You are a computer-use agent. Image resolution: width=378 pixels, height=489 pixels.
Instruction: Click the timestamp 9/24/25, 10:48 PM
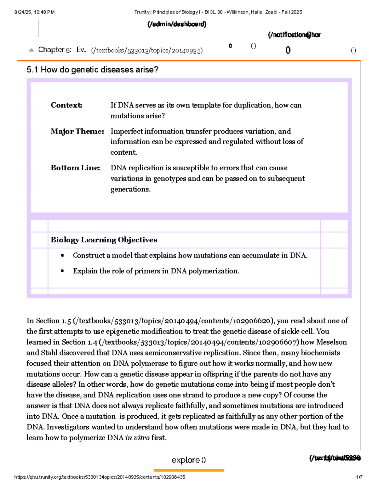coord(34,12)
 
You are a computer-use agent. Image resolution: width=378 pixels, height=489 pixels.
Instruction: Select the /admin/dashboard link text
coord(177,24)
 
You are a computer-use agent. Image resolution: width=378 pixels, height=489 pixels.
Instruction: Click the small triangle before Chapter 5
coord(31,50)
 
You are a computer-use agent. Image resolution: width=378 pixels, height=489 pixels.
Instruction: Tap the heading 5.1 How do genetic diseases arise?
coord(92,70)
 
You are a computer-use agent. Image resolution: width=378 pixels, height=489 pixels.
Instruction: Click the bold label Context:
coord(66,105)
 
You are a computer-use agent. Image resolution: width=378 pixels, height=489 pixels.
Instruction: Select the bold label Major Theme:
coord(77,131)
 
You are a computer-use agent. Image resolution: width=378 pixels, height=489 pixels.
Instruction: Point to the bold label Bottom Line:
coord(75,168)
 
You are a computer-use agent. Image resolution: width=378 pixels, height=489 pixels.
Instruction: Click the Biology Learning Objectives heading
coord(104,240)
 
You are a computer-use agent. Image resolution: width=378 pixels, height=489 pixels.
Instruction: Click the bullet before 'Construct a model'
coord(62,256)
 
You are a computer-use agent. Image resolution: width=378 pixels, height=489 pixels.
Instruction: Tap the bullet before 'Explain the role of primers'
coord(62,271)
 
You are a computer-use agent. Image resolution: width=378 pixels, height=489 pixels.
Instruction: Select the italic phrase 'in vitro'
coord(137,438)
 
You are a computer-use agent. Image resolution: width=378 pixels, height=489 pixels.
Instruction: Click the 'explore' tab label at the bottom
coord(186,460)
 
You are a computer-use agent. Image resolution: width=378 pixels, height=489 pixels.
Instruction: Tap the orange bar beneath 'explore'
coord(189,470)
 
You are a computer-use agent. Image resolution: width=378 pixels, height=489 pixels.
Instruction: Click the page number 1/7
coord(359,477)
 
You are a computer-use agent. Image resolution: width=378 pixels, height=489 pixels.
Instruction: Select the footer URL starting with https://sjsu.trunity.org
coord(100,477)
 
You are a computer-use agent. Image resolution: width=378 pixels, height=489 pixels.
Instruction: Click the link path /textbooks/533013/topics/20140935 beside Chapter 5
coord(147,50)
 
